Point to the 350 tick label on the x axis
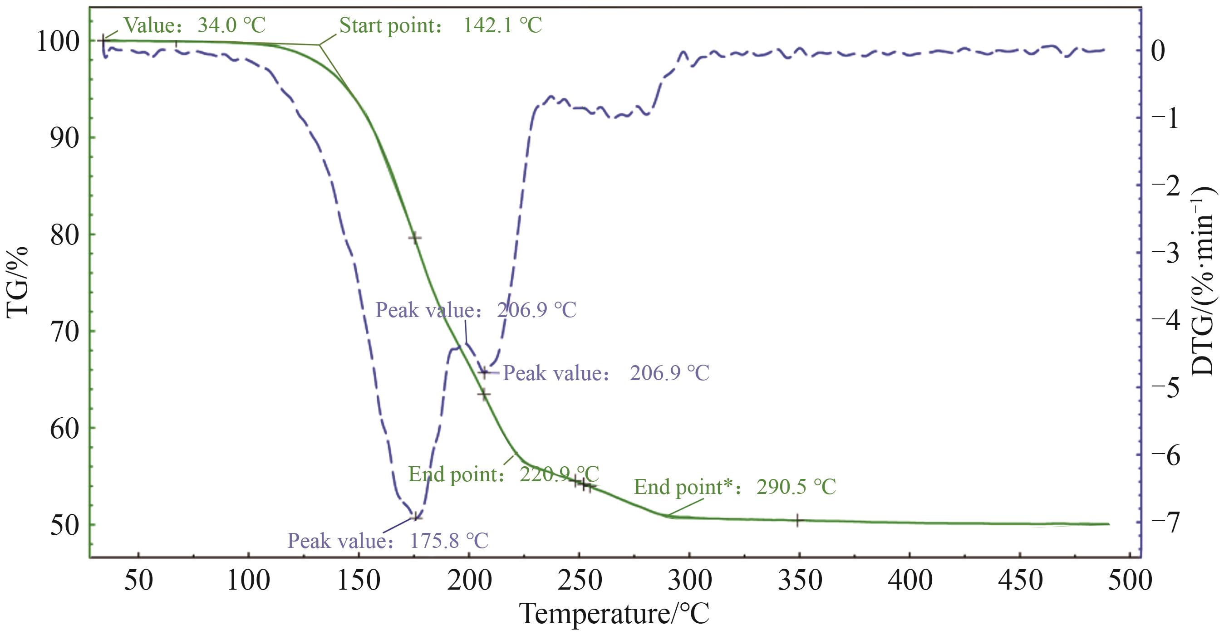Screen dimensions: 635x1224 point(800,581)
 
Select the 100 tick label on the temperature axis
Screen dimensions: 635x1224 point(249,581)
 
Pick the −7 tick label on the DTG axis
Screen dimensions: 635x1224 point(1165,523)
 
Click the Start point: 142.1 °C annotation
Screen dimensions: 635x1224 point(441,25)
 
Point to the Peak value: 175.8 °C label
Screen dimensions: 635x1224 point(388,541)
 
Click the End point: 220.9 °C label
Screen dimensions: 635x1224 point(503,474)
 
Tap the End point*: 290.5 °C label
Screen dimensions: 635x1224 point(735,487)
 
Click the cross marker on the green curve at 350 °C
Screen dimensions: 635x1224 point(798,521)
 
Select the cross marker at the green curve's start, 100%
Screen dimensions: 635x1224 point(104,41)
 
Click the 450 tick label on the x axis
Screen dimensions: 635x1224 point(1020,581)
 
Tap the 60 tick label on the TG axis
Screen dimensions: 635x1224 point(64,429)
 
